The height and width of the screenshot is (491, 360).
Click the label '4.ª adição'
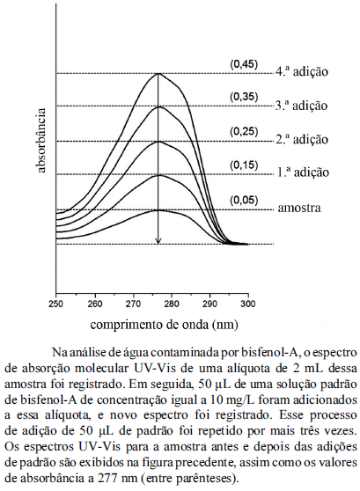(302, 71)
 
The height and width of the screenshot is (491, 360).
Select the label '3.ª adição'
(301, 106)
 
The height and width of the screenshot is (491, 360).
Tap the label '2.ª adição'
(302, 139)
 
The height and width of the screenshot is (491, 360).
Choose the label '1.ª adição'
(303, 172)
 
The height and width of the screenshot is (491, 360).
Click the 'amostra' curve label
(299, 208)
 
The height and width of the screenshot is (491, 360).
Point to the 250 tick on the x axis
(56, 304)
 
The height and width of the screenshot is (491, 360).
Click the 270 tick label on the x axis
(133, 304)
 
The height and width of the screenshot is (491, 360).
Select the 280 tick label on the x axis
(172, 304)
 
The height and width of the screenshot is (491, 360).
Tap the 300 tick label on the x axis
(248, 304)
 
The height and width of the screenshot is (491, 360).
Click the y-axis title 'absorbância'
(41, 141)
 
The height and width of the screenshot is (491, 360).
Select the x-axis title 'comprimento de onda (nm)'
(165, 325)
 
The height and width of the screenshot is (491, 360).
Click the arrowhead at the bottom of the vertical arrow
(158, 242)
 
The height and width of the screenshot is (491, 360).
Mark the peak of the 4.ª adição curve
(158, 73)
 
